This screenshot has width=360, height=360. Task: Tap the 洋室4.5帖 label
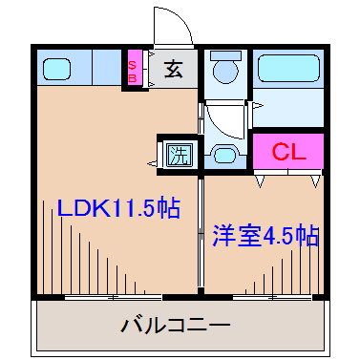pyautogui.click(x=265, y=234)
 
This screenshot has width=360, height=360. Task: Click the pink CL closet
pyautogui.click(x=288, y=152)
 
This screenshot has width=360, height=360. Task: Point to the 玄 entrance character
pyautogui.click(x=173, y=69)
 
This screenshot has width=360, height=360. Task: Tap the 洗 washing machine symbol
pyautogui.click(x=177, y=153)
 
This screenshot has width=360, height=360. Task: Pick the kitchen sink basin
pyautogui.click(x=57, y=68)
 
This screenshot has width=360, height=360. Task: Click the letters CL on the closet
pyautogui.click(x=288, y=152)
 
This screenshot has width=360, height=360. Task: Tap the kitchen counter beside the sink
pyautogui.click(x=100, y=68)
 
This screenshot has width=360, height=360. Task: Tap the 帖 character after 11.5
pyautogui.click(x=168, y=208)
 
